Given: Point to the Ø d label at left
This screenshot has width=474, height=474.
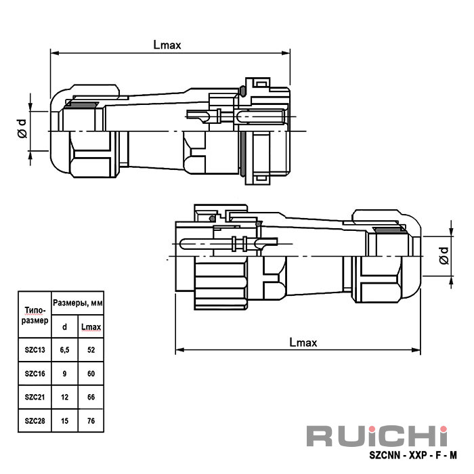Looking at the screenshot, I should tap(22, 127).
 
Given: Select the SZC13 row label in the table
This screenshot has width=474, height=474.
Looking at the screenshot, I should tap(34, 349).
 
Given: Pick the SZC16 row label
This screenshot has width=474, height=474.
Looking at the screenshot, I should tap(34, 373).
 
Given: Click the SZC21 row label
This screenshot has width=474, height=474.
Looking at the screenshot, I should tap(34, 397).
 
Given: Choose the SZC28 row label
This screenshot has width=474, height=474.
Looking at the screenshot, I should tap(34, 421).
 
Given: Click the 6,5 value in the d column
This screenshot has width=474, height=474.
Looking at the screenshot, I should tap(64, 349).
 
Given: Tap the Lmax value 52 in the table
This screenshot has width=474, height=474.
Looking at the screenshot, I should tap(91, 349).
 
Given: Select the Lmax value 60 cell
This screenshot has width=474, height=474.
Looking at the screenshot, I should tap(91, 373).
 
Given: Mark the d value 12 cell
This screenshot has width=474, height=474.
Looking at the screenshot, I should tap(64, 397).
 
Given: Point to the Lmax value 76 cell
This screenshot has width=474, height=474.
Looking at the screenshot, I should tap(91, 421).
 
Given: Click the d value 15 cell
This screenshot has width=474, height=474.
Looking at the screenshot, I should tap(64, 421).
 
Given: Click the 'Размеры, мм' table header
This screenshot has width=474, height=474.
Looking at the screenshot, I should tap(77, 304).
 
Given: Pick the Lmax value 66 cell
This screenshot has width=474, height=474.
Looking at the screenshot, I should tap(91, 397).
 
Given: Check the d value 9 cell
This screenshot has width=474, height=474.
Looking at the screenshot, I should tap(64, 373).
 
